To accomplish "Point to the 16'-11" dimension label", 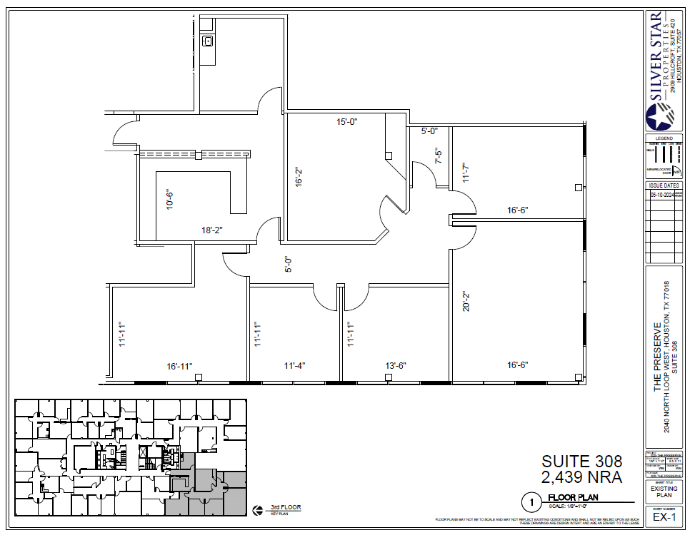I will click(x=180, y=366).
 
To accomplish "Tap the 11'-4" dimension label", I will click(x=294, y=366).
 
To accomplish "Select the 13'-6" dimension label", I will click(x=395, y=366).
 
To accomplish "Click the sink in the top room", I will click(x=208, y=41).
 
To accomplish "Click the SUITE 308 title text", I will click(x=581, y=462).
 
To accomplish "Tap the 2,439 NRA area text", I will click(x=581, y=477).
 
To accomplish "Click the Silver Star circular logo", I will click(x=659, y=116).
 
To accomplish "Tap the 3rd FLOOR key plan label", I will click(x=285, y=508).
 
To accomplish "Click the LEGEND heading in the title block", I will click(x=664, y=138).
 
